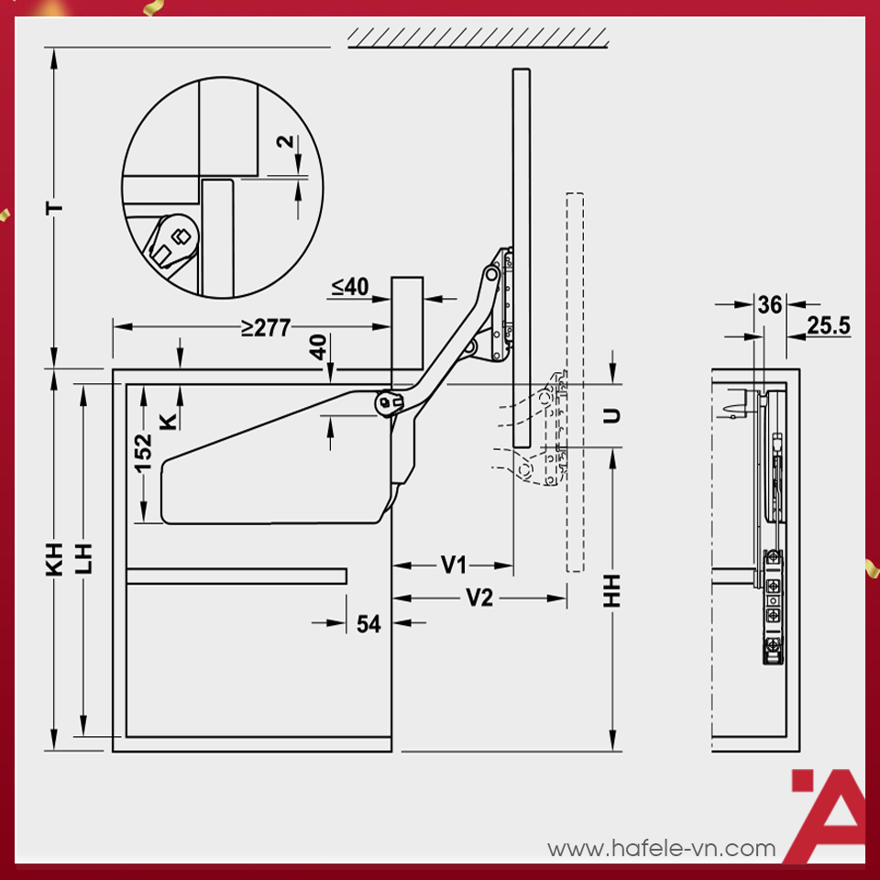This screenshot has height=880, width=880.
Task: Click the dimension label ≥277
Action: click(266, 327)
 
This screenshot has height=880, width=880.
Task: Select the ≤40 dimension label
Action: click(350, 286)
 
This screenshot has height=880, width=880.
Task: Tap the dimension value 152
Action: click(143, 453)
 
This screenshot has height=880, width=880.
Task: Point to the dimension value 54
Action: click(368, 623)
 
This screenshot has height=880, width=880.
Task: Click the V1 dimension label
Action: click(454, 565)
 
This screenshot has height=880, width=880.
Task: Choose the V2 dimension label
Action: click(479, 598)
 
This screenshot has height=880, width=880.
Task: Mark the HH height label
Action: click(611, 590)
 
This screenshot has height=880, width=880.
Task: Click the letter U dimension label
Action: click(611, 416)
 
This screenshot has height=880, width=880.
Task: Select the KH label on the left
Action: click(54, 559)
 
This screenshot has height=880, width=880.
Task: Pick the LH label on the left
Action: click(83, 559)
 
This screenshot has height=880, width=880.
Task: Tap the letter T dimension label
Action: click(54, 209)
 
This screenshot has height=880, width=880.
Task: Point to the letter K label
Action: click(169, 421)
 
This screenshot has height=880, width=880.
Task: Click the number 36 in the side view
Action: click(769, 304)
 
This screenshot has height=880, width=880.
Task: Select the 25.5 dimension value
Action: click(829, 325)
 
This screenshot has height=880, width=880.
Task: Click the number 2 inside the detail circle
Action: click(285, 141)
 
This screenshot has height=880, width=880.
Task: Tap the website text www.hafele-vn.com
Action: click(662, 849)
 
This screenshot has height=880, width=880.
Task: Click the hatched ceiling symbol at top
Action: click(478, 38)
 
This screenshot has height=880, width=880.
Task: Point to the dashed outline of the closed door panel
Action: click(575, 382)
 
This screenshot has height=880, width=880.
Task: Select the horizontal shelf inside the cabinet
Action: click(236, 577)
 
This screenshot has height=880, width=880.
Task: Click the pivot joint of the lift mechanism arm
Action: click(387, 402)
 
